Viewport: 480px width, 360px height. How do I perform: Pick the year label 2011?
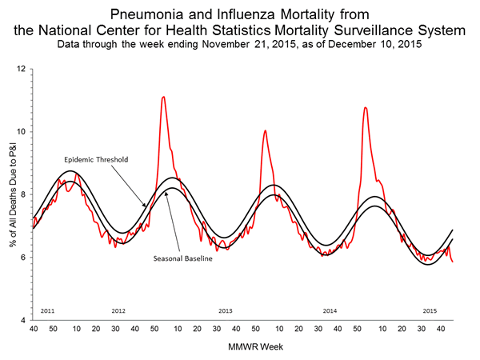point(46,310)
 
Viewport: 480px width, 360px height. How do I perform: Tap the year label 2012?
point(118,310)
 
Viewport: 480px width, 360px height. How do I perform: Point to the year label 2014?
point(330,310)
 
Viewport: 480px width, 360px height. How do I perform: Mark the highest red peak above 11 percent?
point(163,97)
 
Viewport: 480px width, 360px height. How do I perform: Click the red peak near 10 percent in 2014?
point(265,130)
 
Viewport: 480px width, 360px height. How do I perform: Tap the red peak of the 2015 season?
point(366,107)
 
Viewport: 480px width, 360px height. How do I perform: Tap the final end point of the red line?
point(453,262)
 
